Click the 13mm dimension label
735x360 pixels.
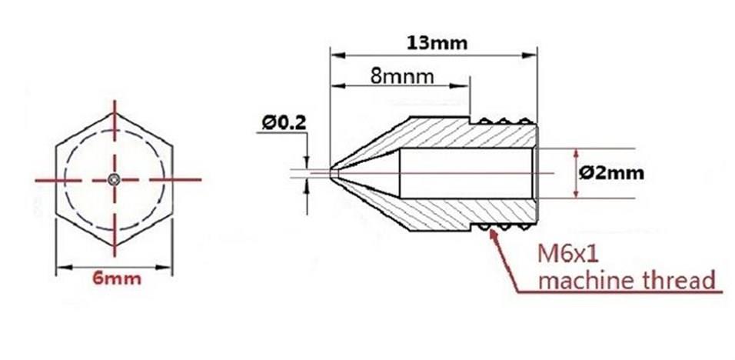coord(437,42)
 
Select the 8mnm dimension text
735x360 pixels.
coord(402,77)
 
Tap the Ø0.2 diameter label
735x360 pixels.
coord(283,122)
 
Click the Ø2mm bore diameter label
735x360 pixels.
coord(611,173)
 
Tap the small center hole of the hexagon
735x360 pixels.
coord(114,179)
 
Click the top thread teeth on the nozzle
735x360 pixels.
coord(504,120)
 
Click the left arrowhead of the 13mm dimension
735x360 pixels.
coord(335,56)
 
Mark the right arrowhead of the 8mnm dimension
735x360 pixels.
coord(464,85)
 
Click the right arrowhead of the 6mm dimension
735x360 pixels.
coord(168,268)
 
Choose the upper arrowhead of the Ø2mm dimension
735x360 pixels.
coord(577,152)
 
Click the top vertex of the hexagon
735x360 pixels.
coord(115,114)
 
